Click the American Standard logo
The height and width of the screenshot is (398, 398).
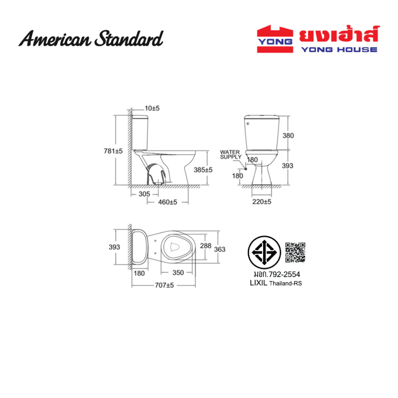coord(91,38)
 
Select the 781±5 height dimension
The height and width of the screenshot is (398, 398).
coord(113,151)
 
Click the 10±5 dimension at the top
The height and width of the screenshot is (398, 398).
coord(152,108)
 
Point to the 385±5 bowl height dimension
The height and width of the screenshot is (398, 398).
coord(203,170)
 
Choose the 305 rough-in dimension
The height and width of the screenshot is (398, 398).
coord(144,194)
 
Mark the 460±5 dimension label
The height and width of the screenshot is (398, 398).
coord(168,202)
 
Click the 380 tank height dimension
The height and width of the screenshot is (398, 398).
coord(288,136)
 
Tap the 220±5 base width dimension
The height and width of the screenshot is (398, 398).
coord(262,202)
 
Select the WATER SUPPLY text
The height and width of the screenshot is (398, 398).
coord(230,154)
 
